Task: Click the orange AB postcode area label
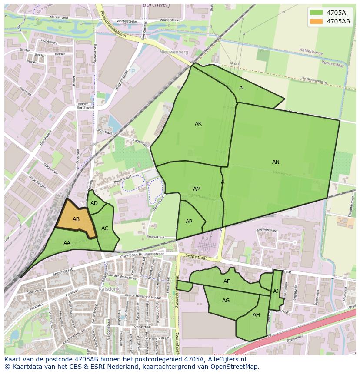[x=76, y=219]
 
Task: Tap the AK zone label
[x=198, y=124]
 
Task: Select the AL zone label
[x=242, y=88]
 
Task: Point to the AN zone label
[x=276, y=162]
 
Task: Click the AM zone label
[x=197, y=189]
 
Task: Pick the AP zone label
[x=189, y=222]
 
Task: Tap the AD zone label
[x=94, y=203]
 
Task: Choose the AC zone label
[x=105, y=228]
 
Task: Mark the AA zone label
[x=67, y=243]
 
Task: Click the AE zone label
[x=227, y=281]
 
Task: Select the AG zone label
[x=226, y=301]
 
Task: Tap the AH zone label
[x=256, y=315]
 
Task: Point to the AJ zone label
[x=276, y=291]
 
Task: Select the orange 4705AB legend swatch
[x=317, y=21]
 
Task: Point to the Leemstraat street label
[x=195, y=257]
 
